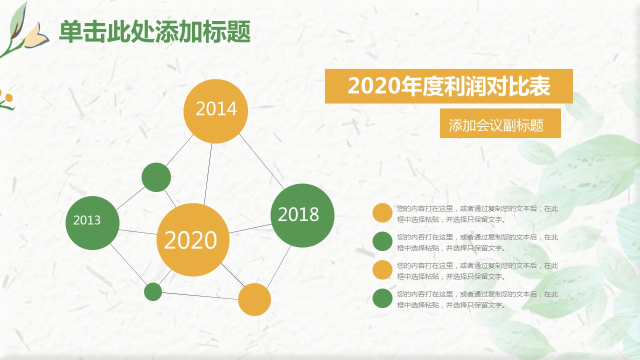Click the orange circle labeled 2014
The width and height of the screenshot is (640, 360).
point(215,111)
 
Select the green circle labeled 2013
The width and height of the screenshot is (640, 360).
point(92,223)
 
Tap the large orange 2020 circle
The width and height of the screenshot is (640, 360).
point(193,239)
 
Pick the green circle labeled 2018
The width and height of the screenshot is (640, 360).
point(302,215)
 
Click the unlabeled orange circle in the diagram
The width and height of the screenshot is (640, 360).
point(254,299)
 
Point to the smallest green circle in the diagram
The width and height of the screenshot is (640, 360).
point(153,291)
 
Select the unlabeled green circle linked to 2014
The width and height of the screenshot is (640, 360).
point(156,177)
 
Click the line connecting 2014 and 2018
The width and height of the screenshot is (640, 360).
point(261,161)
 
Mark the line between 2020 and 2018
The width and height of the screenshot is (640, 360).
point(250,228)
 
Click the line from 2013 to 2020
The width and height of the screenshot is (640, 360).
point(137,232)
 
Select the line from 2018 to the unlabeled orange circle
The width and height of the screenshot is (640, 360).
point(279,266)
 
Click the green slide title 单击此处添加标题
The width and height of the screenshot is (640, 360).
point(155,31)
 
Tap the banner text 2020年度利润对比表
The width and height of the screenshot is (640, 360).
point(449,86)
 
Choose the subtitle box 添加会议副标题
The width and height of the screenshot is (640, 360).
point(500,123)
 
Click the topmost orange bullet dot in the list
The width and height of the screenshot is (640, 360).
point(382,213)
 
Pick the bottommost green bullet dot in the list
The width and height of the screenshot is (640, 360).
point(382,298)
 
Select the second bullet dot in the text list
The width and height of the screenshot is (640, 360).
point(382,241)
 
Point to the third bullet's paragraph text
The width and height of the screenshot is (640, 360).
point(477,271)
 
